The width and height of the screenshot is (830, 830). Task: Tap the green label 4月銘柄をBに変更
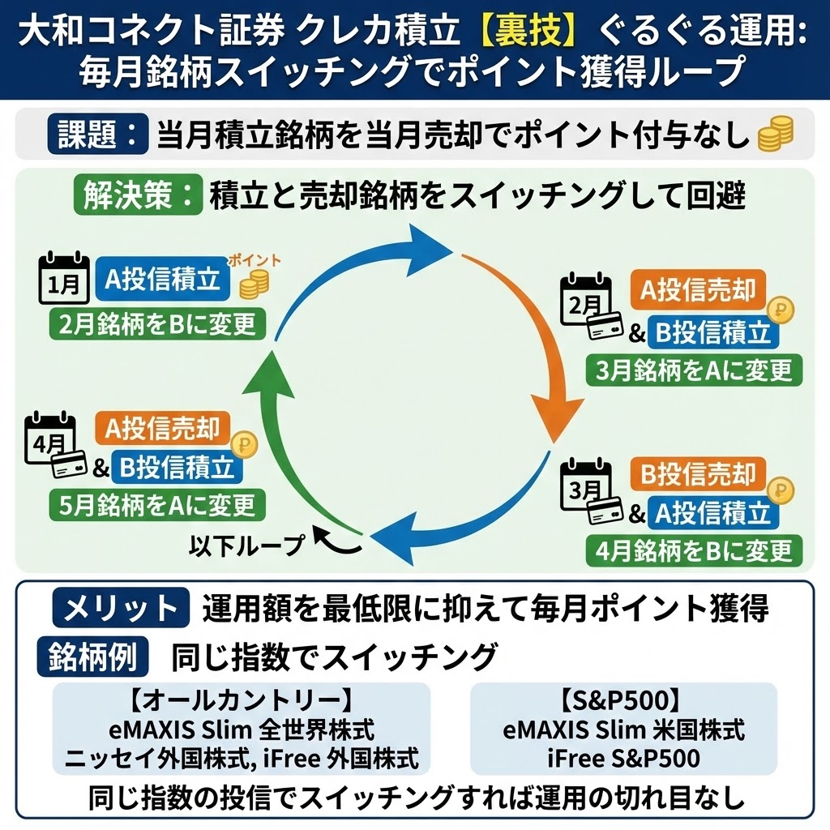694,551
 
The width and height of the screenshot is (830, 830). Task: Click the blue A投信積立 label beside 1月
163,280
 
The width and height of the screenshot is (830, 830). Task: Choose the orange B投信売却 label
698,473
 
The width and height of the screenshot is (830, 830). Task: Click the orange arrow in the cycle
527,340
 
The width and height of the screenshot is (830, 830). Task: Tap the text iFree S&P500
623,759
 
